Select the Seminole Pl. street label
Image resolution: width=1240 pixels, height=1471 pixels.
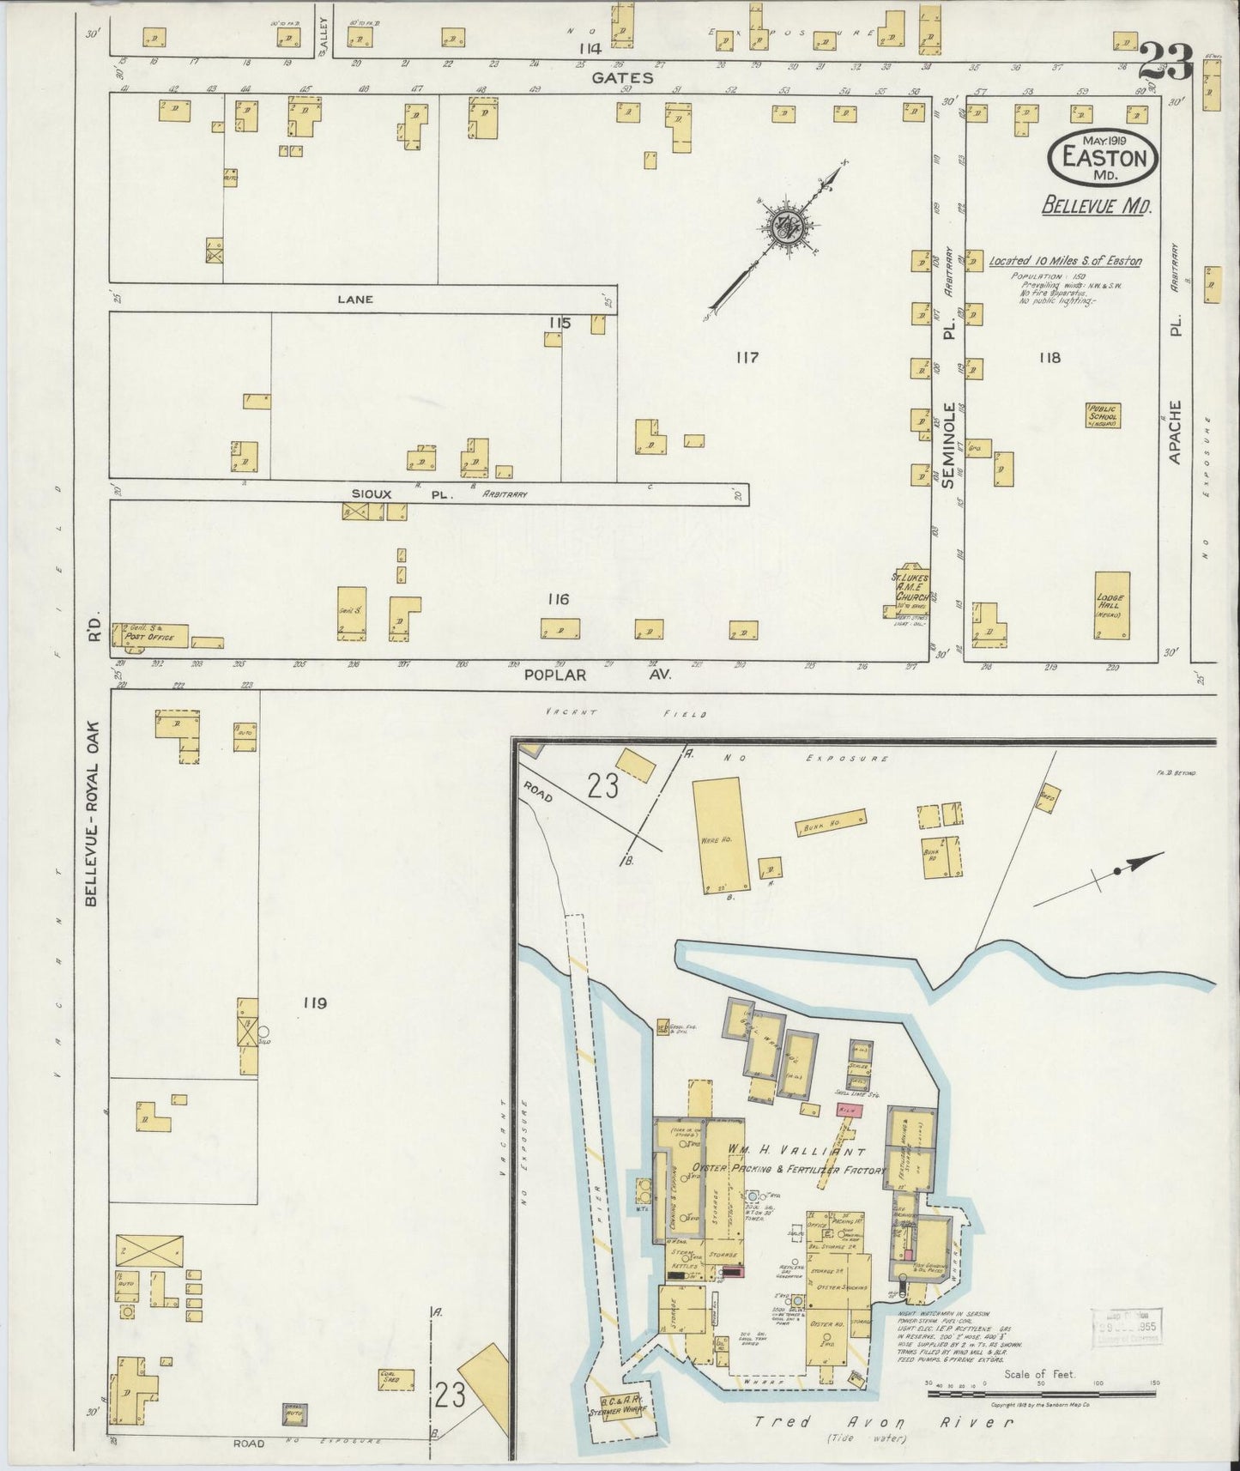(x=949, y=445)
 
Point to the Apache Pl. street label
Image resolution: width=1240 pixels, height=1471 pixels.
(x=1176, y=433)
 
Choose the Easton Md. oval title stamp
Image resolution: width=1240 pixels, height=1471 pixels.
(x=1103, y=158)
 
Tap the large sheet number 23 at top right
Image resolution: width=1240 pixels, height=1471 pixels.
(x=1166, y=61)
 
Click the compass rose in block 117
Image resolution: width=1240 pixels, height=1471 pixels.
(x=784, y=227)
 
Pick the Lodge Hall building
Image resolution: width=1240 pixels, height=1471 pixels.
(x=1111, y=606)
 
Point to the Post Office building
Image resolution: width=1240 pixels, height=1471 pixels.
(x=150, y=634)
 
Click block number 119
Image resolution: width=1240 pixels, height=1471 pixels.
(x=315, y=1002)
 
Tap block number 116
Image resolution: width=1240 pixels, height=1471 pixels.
(x=558, y=599)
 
